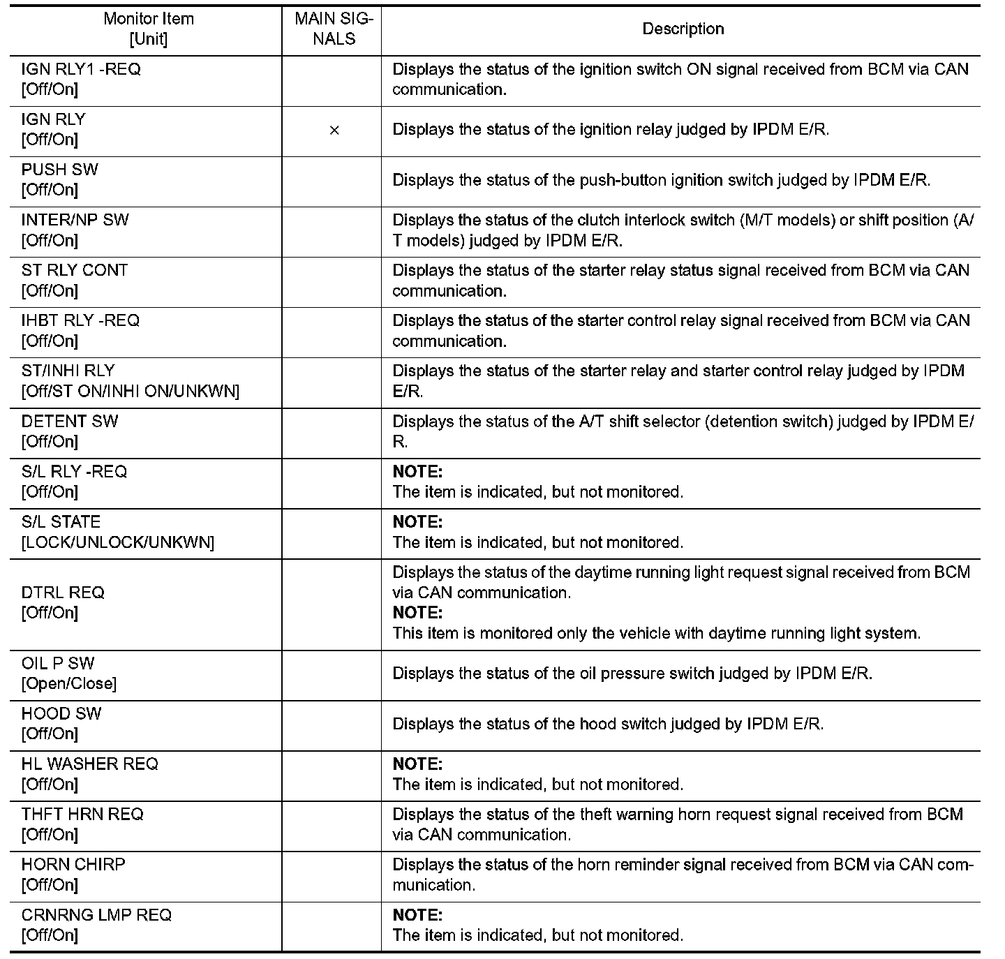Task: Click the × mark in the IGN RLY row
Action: (334, 131)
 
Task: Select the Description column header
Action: (683, 29)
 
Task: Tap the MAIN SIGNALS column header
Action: (334, 29)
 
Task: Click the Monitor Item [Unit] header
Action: (148, 29)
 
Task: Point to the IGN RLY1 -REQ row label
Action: (81, 70)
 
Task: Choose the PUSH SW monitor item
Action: (60, 170)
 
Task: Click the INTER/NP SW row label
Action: (75, 221)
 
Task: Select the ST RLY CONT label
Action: (75, 271)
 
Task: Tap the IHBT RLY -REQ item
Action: (80, 321)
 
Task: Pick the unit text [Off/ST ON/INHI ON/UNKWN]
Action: (131, 392)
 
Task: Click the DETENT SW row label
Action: (70, 422)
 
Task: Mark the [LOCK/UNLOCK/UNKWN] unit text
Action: (118, 542)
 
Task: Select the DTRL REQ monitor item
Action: (63, 593)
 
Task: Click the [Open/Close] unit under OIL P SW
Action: (69, 683)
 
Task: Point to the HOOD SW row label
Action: (61, 714)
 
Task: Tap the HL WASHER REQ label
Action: (90, 764)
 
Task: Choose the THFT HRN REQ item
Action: (82, 815)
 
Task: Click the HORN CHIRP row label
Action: (73, 865)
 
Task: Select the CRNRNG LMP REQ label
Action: (96, 915)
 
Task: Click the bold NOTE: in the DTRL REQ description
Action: (417, 613)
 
